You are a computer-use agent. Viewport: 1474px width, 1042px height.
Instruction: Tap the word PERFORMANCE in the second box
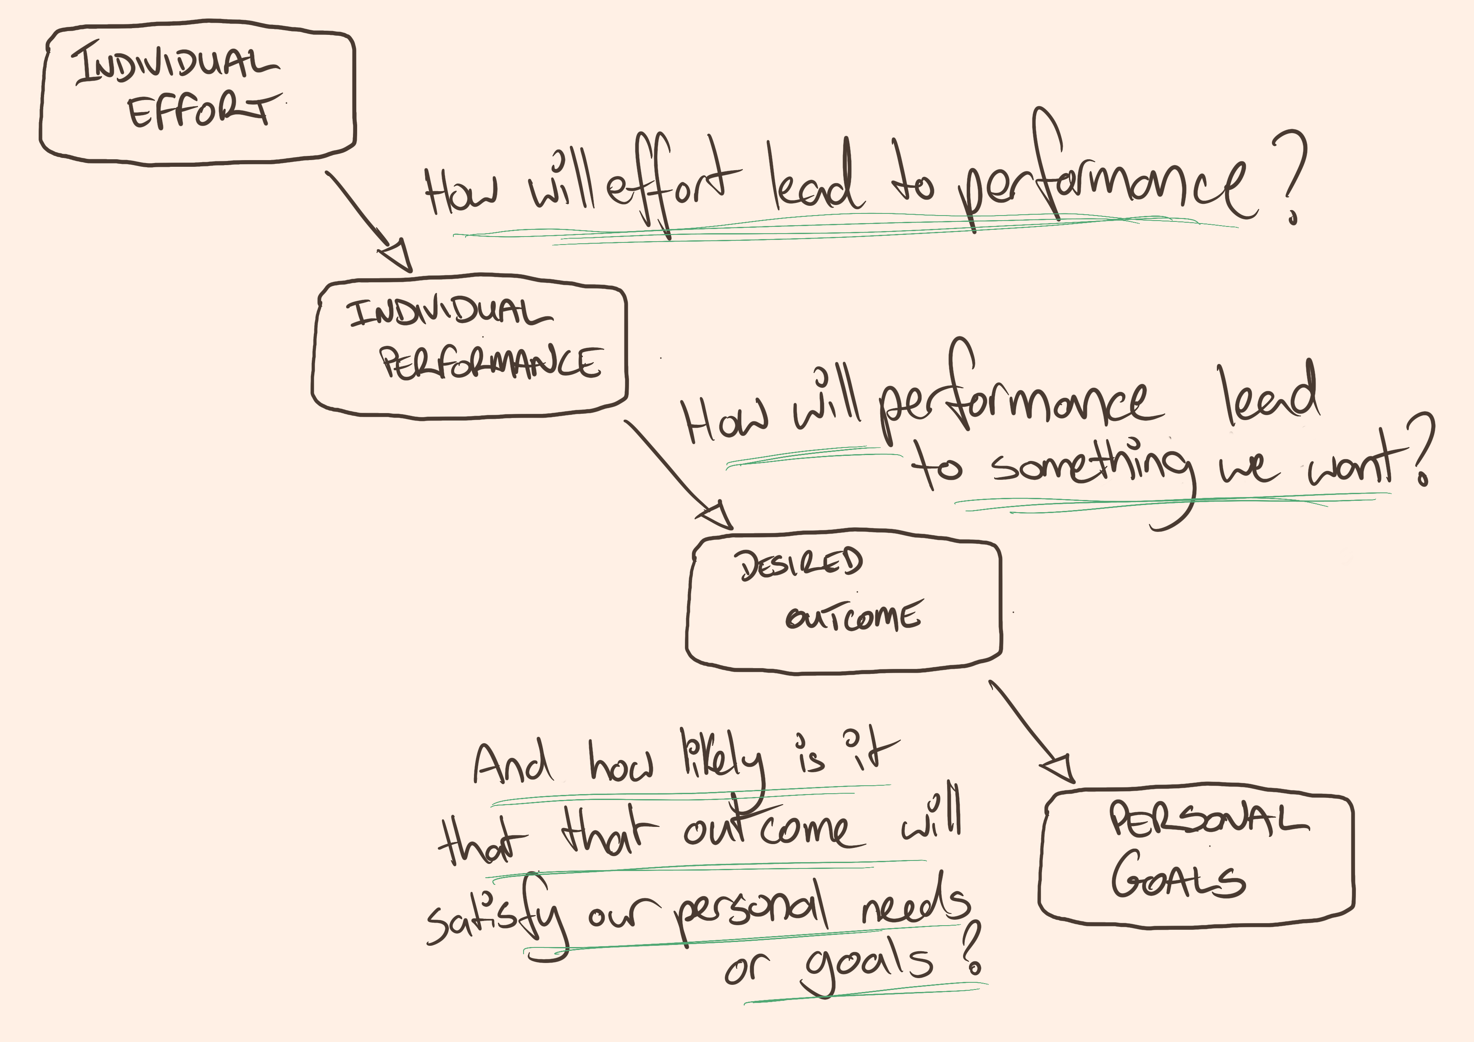coord(491,363)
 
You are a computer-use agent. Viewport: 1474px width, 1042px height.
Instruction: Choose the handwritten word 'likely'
coord(722,761)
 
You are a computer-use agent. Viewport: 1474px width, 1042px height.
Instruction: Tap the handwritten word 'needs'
coord(915,902)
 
